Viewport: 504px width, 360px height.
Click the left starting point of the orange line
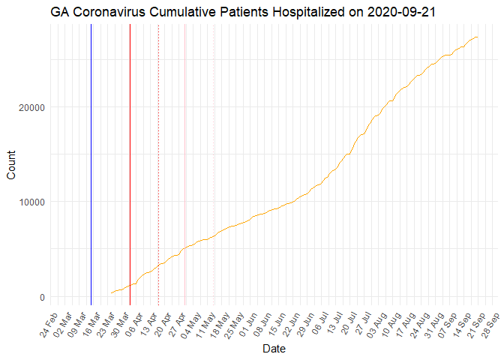pos(111,292)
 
